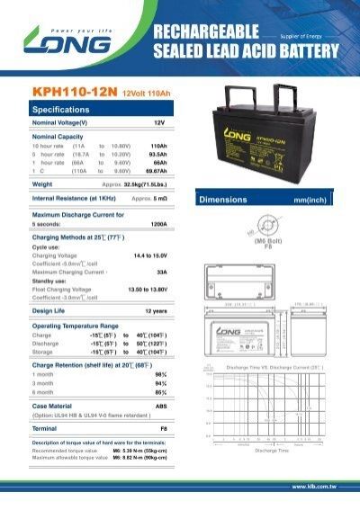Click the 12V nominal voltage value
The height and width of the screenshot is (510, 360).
click(159, 121)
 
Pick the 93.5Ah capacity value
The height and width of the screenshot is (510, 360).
click(157, 153)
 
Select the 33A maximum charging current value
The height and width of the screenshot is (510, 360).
click(162, 271)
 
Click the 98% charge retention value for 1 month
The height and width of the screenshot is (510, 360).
click(161, 373)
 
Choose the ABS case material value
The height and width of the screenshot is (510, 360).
click(160, 405)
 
